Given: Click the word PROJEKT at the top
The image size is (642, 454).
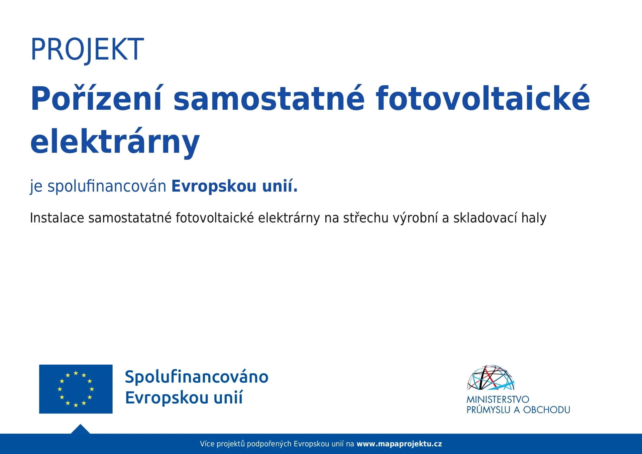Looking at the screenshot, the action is click(x=87, y=50).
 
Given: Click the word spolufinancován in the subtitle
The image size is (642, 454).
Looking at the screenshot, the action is click(x=107, y=186).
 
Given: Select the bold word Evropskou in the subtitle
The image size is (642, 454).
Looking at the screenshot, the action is click(x=214, y=186).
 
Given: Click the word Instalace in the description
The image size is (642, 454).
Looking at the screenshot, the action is click(x=57, y=218).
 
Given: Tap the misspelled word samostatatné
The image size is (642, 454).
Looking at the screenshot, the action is click(x=130, y=218).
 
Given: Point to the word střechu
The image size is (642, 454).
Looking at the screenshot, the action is click(x=366, y=218).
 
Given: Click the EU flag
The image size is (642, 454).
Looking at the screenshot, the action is click(x=76, y=389).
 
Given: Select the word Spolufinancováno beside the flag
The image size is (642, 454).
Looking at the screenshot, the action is click(x=197, y=377).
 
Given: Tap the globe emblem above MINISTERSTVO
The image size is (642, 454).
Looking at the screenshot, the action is click(x=491, y=377).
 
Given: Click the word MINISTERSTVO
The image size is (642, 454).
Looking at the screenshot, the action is click(x=498, y=399).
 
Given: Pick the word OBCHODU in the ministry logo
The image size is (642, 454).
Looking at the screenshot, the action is click(x=547, y=410).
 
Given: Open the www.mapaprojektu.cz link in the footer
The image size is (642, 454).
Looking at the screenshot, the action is click(x=399, y=444).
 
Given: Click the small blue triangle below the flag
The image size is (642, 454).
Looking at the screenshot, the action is click(x=80, y=429).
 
